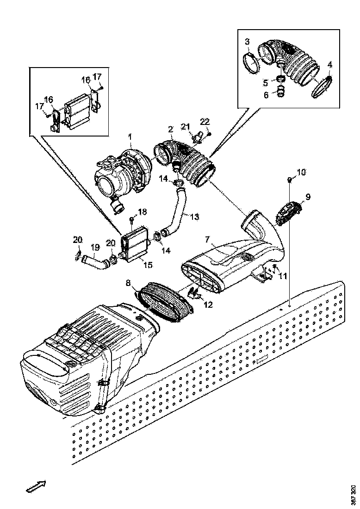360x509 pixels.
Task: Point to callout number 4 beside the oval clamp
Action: [x=329, y=65]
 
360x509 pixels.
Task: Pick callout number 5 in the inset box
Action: [x=266, y=83]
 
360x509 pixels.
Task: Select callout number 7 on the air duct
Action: [x=208, y=240]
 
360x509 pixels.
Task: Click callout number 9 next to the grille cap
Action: [x=308, y=196]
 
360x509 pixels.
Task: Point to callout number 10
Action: [x=301, y=173]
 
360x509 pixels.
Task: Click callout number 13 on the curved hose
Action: [x=194, y=216]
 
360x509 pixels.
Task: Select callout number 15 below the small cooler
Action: [x=148, y=265]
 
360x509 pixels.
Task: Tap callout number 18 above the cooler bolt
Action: [x=142, y=212]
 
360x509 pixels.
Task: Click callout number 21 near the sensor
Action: [x=186, y=127]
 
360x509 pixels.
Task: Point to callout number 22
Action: [x=205, y=122]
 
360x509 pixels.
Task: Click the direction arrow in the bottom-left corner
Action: [x=35, y=486]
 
